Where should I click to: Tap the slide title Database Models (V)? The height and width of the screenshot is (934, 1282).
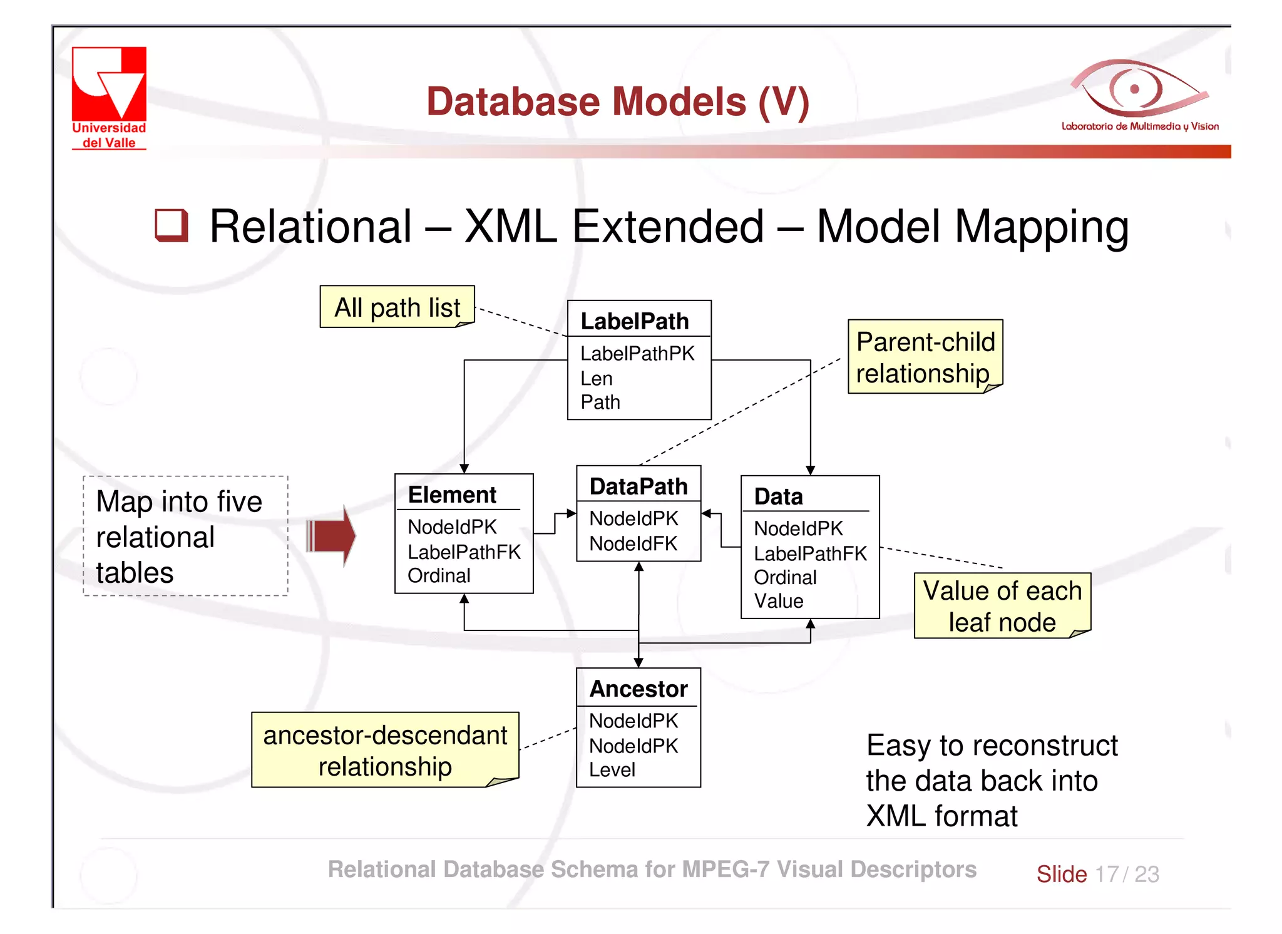pos(618,101)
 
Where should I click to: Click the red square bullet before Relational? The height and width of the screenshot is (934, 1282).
pos(172,225)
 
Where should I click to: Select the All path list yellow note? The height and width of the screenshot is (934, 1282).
pos(397,307)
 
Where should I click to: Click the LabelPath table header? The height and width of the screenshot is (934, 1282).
pos(635,321)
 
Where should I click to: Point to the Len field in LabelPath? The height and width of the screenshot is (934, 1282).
pos(597,378)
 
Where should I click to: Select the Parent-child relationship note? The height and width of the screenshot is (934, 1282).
pos(925,357)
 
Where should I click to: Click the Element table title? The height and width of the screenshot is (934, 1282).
pos(452,495)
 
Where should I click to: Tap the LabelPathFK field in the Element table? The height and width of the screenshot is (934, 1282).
pos(464,552)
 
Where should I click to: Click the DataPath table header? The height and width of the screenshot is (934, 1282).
pos(638,486)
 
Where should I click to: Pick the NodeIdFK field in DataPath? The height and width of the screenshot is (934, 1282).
pos(633,543)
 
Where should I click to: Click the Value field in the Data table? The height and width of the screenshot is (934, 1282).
pos(778,601)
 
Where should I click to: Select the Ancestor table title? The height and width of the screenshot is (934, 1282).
pos(638,689)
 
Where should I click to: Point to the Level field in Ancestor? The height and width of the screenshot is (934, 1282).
pos(612,769)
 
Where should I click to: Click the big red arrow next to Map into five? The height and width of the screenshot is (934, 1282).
pos(332,536)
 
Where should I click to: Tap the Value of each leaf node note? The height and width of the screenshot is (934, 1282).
pos(1002,606)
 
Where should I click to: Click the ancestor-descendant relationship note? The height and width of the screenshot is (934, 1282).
pos(385,750)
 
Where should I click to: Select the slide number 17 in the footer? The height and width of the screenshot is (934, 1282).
pos(1107,874)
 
